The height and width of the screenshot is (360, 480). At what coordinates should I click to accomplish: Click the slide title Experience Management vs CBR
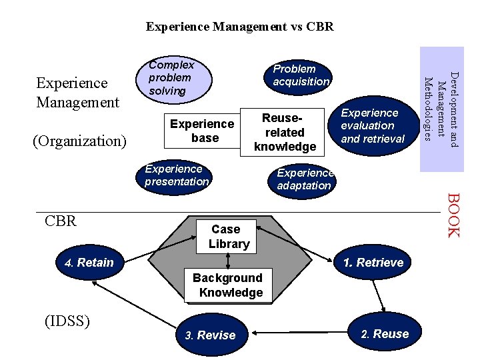pos(239,27)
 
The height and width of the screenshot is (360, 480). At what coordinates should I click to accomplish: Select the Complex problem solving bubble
pos(172,78)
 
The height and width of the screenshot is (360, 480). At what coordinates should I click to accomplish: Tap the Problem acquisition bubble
pos(301,75)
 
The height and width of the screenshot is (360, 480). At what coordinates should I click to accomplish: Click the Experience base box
pos(202,131)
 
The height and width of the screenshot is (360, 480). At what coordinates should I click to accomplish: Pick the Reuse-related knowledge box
pos(285,132)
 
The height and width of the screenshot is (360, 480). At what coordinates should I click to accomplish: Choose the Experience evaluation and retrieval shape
pos(373,126)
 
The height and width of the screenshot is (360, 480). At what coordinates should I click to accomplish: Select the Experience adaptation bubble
pos(305,179)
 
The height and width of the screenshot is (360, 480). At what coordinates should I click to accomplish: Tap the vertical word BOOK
pos(452,215)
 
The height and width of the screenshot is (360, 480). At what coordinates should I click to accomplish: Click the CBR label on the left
pos(61,221)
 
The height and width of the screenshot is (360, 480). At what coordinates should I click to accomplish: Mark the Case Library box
pos(229,237)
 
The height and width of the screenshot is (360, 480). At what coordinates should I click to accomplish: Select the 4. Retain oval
pos(89,263)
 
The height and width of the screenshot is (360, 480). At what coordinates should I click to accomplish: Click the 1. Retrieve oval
pos(373,263)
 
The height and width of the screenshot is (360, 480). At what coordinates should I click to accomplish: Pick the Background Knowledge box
pos(228,285)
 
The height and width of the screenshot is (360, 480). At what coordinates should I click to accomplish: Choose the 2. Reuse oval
pos(385,334)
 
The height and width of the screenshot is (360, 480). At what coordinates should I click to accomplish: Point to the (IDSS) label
pos(67,321)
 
